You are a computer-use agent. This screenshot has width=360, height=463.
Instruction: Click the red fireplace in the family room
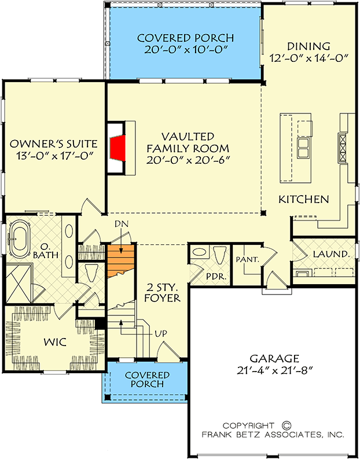[118, 149]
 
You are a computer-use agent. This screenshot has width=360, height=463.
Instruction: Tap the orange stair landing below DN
[121, 261]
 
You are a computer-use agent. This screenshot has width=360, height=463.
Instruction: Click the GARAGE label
[275, 358]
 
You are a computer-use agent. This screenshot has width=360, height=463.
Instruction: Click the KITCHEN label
[304, 199]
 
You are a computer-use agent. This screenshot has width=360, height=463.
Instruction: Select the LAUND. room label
[330, 254]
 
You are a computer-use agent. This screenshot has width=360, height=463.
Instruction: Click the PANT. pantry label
[247, 259]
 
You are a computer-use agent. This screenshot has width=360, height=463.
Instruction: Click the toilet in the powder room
[219, 255]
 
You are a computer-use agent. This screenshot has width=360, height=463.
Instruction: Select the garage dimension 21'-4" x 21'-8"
[275, 370]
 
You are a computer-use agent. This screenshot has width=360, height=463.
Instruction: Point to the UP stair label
[160, 334]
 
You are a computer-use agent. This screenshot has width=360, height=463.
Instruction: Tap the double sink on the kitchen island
[303, 148]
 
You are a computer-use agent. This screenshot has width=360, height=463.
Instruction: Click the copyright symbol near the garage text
[284, 424]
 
